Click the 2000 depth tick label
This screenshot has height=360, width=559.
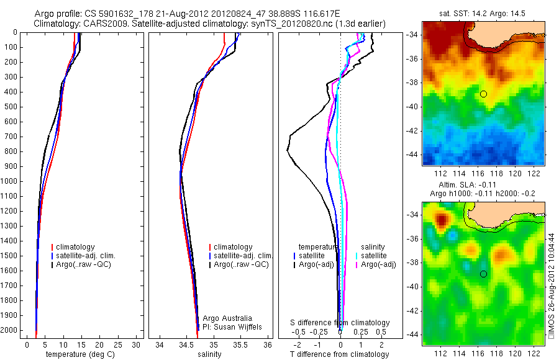(x=11, y=330)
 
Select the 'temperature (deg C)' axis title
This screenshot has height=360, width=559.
(x=79, y=354)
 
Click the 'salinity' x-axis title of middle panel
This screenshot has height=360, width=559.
(x=209, y=354)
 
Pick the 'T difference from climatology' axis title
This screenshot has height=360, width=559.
(x=339, y=354)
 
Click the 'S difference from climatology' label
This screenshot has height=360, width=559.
(x=340, y=323)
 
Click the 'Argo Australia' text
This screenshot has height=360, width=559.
(x=228, y=318)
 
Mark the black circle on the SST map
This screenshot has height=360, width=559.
(x=483, y=94)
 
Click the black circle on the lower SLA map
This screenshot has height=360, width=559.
(x=483, y=274)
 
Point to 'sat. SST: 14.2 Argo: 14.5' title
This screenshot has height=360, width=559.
(x=483, y=12)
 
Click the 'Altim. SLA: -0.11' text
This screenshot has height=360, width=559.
(x=483, y=184)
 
